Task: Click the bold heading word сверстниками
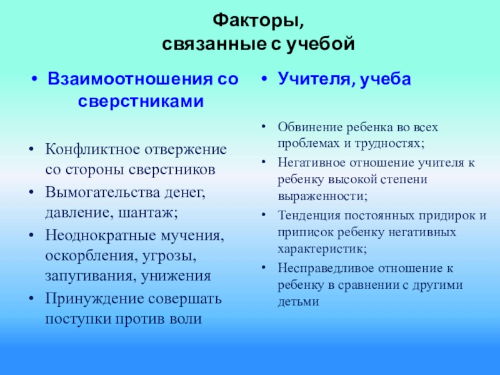click(141, 102)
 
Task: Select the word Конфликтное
click(92, 149)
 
